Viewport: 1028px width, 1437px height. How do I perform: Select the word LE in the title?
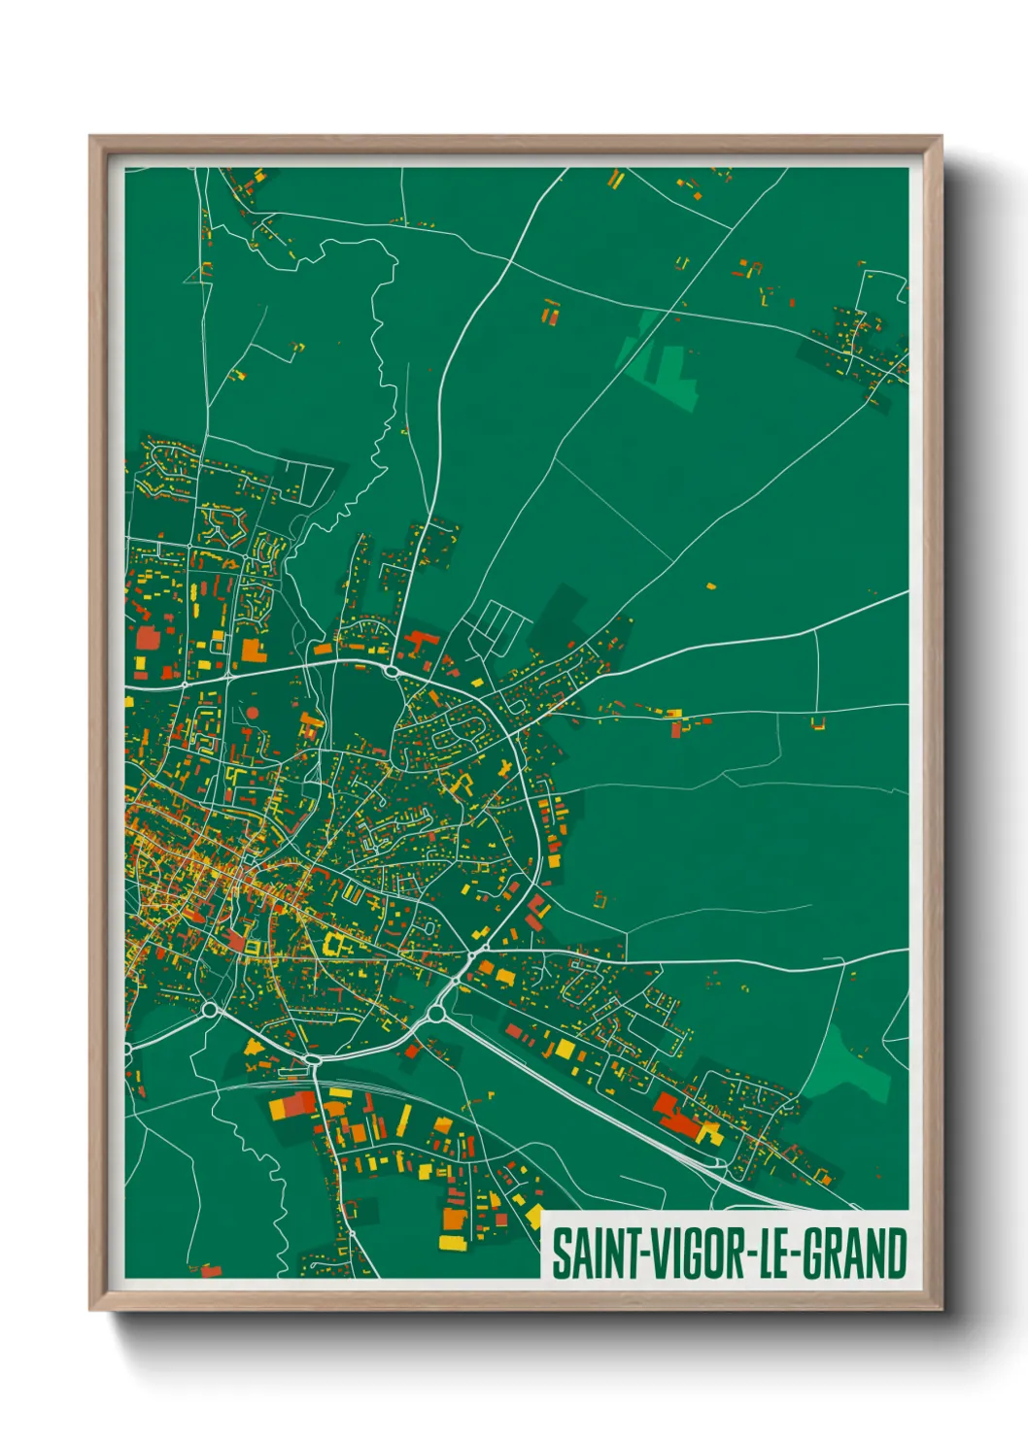(x=772, y=1253)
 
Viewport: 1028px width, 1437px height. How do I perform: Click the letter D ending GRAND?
(x=897, y=1253)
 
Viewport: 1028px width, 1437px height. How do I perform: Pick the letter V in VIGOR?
(x=650, y=1253)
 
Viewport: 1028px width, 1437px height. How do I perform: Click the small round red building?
(x=253, y=713)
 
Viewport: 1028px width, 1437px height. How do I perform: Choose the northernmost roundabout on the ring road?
(x=392, y=670)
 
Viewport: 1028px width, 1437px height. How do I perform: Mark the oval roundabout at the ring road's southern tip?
(x=313, y=1060)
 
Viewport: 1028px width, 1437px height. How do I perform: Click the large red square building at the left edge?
(x=147, y=637)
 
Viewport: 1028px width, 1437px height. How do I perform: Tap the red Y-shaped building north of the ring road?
(x=420, y=642)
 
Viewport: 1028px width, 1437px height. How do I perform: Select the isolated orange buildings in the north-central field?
(x=551, y=312)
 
